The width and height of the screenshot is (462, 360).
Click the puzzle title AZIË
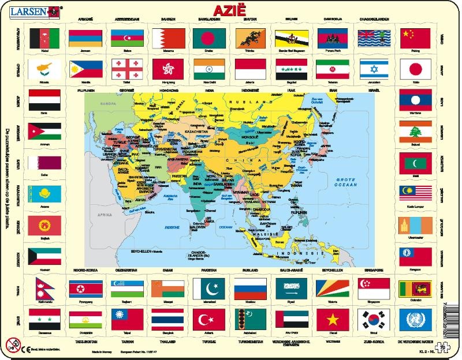point(229,11)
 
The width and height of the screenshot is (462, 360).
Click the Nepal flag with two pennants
point(44,287)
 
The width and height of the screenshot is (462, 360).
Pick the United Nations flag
point(416,318)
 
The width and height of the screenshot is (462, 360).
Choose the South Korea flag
point(374,318)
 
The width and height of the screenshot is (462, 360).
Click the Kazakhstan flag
point(44,193)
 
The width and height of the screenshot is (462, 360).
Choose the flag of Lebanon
point(416,131)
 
